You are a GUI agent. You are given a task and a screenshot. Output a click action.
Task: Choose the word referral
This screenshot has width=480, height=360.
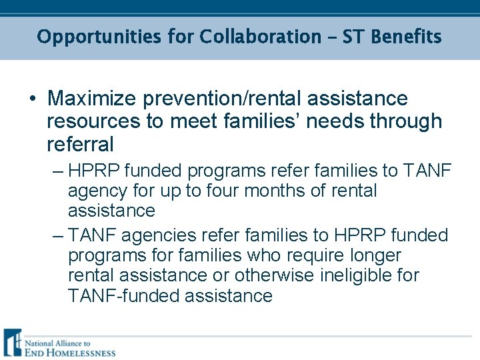pyautogui.click(x=80, y=144)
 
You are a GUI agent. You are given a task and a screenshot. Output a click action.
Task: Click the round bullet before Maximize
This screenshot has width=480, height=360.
pyautogui.click(x=31, y=99)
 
